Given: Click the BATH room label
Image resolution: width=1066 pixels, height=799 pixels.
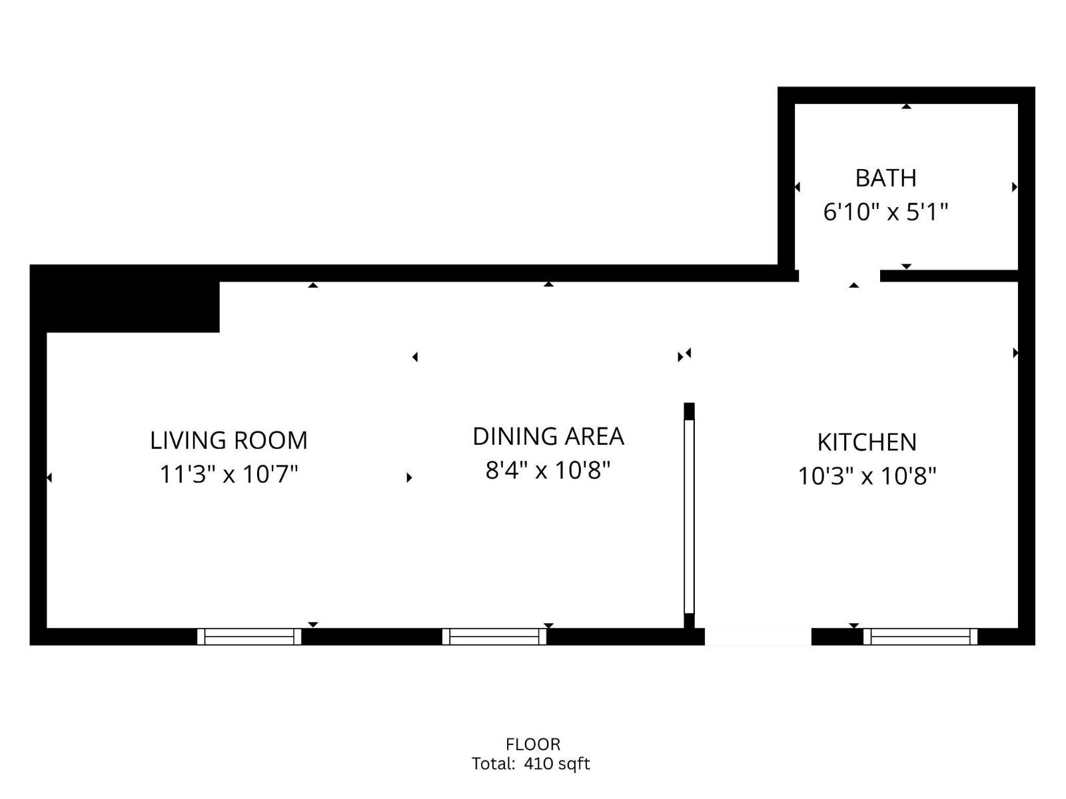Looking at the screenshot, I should (x=885, y=178).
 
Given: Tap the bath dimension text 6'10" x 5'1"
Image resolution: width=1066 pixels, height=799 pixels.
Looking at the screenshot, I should (x=885, y=212).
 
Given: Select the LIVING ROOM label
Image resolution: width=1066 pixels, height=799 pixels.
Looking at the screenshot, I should (x=229, y=441).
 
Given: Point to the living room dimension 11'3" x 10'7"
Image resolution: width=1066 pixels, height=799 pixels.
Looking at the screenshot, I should (x=229, y=475).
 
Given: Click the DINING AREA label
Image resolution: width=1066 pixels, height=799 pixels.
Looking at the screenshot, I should (x=548, y=437).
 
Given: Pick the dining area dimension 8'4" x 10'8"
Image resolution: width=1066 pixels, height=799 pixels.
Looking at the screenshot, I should (x=548, y=471).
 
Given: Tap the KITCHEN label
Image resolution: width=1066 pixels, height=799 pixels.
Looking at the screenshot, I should (x=867, y=443).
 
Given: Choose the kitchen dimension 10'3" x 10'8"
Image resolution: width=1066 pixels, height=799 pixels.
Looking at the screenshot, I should (x=867, y=477).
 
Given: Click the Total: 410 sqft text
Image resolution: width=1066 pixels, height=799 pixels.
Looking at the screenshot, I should (x=531, y=764).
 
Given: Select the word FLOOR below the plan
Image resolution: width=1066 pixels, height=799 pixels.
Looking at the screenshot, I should (x=533, y=744).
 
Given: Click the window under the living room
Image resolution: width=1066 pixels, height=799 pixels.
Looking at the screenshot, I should (x=249, y=637).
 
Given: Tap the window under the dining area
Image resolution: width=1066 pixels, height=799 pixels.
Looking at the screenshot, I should (x=494, y=637).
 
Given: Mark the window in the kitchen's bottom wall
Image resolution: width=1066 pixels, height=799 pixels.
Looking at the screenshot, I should (x=920, y=637).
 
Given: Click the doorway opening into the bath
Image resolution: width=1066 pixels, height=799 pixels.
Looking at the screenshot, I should (x=839, y=275).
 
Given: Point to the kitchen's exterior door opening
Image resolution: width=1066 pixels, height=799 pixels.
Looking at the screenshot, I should (x=758, y=637).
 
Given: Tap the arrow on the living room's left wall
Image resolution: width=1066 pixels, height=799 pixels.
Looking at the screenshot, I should (x=49, y=477).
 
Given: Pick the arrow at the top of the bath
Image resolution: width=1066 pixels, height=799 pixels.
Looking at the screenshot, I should (x=906, y=107).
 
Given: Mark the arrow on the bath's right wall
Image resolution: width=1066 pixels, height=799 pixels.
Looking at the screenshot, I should (x=1014, y=187).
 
